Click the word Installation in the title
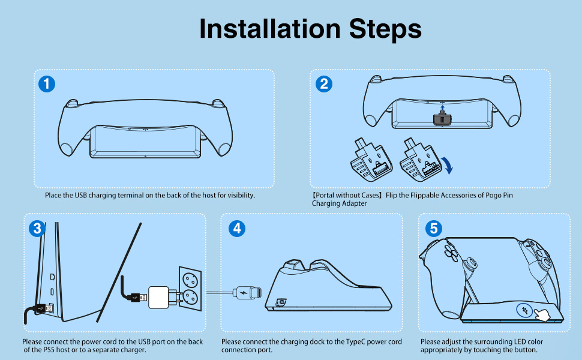pyautogui.click(x=270, y=29)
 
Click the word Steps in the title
pyautogui.click(x=385, y=29)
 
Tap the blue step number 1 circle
pyautogui.click(x=47, y=84)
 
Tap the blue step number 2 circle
pyautogui.click(x=323, y=84)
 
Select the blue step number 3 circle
pyautogui.click(x=37, y=228)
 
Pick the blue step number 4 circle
pyautogui.click(x=237, y=228)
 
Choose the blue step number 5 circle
pyautogui.click(x=434, y=228)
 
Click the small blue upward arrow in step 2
pyautogui.click(x=442, y=108)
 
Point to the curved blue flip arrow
pyautogui.click(x=447, y=165)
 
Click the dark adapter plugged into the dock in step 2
pyautogui.click(x=442, y=119)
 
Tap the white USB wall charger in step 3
pyautogui.click(x=159, y=297)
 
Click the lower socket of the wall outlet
pyautogui.click(x=190, y=297)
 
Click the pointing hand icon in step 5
pyautogui.click(x=541, y=315)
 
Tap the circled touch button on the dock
pyautogui.click(x=524, y=310)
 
